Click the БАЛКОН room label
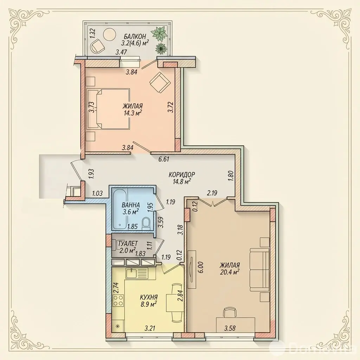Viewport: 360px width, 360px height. pos(135,36)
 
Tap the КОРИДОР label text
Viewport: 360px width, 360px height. pos(182,174)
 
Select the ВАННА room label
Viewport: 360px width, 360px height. pos(131,205)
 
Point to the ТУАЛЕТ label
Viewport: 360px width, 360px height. pos(128,243)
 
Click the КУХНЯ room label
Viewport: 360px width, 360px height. pos(149,297)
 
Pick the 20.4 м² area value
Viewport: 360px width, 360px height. pos(229,272)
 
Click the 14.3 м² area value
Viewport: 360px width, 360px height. pos(132,112)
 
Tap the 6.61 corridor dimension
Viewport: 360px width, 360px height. pos(164,159)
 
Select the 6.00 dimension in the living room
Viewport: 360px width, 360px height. pos(201,268)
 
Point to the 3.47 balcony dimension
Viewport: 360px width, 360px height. pos(121,52)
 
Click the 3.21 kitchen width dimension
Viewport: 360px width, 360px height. pos(150,328)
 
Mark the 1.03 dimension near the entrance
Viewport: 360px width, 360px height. pos(97,194)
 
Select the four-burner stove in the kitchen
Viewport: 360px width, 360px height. pos(118,300)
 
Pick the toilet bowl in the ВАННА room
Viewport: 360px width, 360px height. pos(146,223)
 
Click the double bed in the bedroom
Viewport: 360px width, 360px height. pos(109,108)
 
